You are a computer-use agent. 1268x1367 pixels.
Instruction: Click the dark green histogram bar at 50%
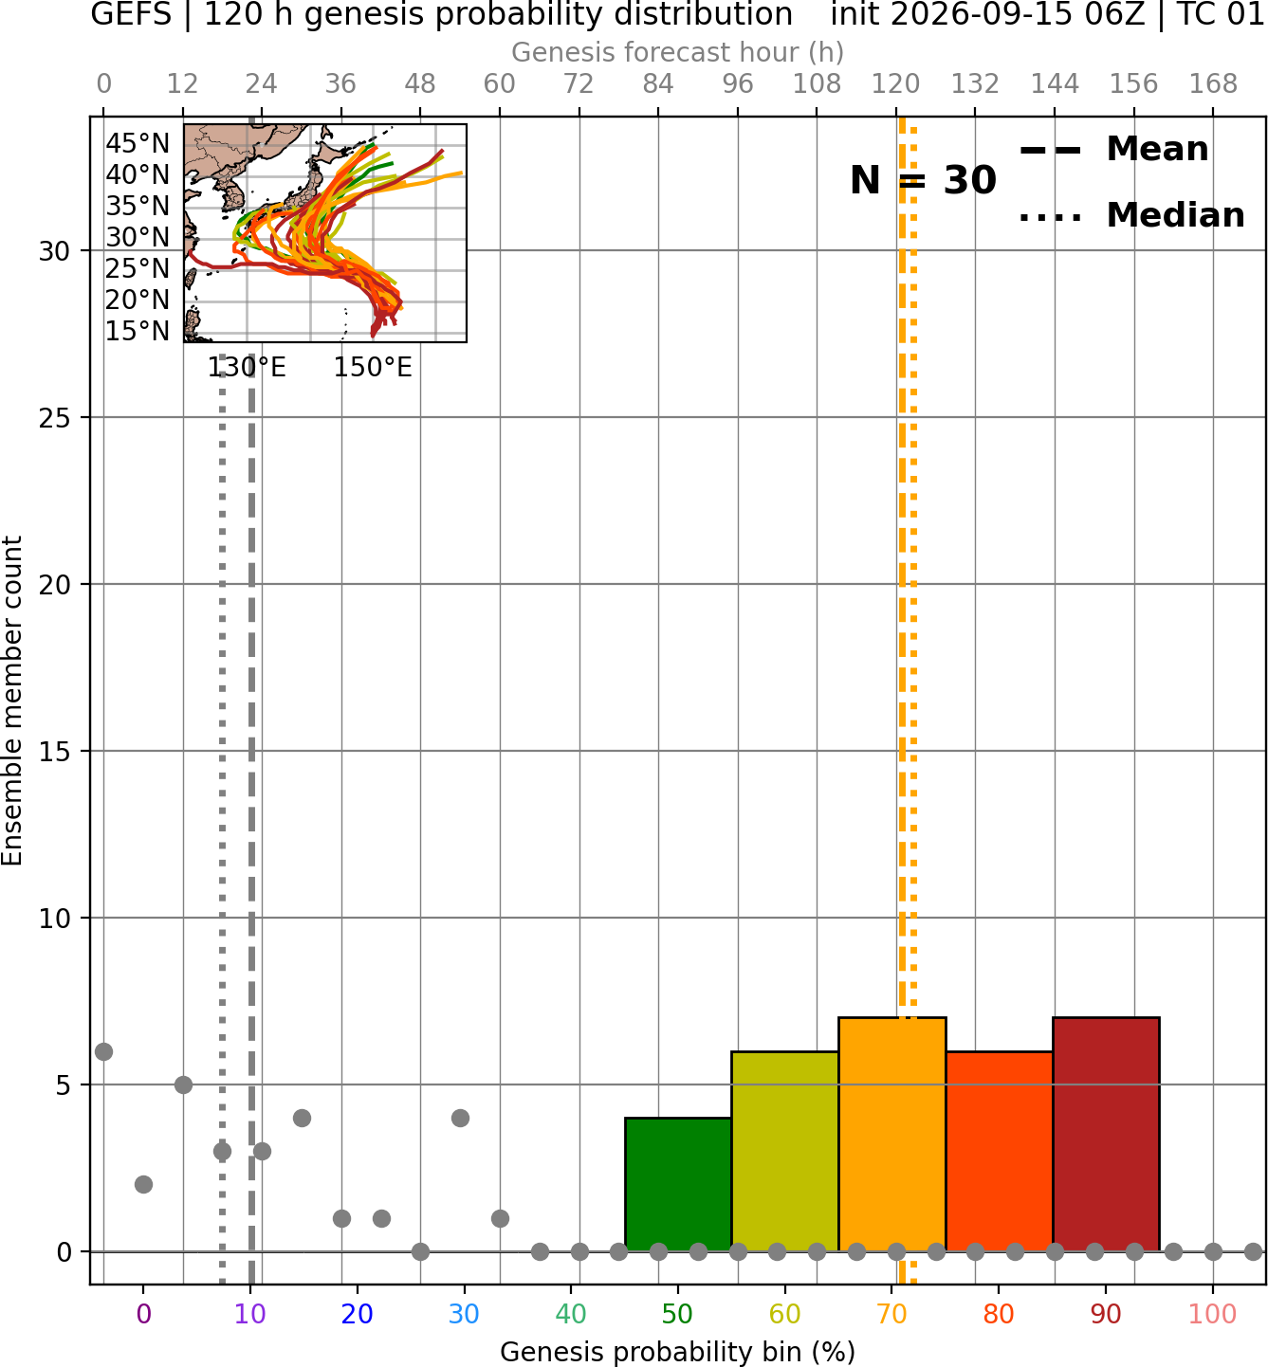click(x=678, y=1185)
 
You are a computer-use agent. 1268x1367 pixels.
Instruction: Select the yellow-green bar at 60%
click(x=785, y=1152)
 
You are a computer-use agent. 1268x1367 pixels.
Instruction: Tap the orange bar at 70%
click(x=892, y=1135)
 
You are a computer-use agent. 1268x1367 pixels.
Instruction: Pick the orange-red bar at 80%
click(x=1000, y=1152)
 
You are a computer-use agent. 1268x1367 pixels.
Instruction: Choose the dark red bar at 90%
click(x=1106, y=1135)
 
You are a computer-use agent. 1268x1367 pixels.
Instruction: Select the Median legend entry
click(x=1132, y=215)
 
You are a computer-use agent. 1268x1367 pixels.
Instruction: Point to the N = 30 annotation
click(x=923, y=180)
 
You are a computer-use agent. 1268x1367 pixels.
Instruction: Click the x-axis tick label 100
click(x=1213, y=1314)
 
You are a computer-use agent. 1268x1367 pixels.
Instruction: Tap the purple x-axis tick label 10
click(x=250, y=1314)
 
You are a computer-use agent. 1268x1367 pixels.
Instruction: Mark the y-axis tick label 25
click(x=55, y=418)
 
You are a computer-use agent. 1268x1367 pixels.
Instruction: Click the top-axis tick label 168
click(x=1214, y=84)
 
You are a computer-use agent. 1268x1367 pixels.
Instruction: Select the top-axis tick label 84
click(x=658, y=84)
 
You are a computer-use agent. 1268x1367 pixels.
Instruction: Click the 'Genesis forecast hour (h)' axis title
click(x=678, y=52)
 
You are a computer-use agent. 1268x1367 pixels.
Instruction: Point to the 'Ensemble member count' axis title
click(x=12, y=701)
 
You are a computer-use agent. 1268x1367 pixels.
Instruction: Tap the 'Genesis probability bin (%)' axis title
click(x=678, y=1352)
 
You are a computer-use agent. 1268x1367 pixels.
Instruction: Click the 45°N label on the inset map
click(x=138, y=144)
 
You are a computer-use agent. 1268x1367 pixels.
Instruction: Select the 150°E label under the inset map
click(x=374, y=368)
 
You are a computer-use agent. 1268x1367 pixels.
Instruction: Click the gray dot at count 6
click(x=103, y=1051)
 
